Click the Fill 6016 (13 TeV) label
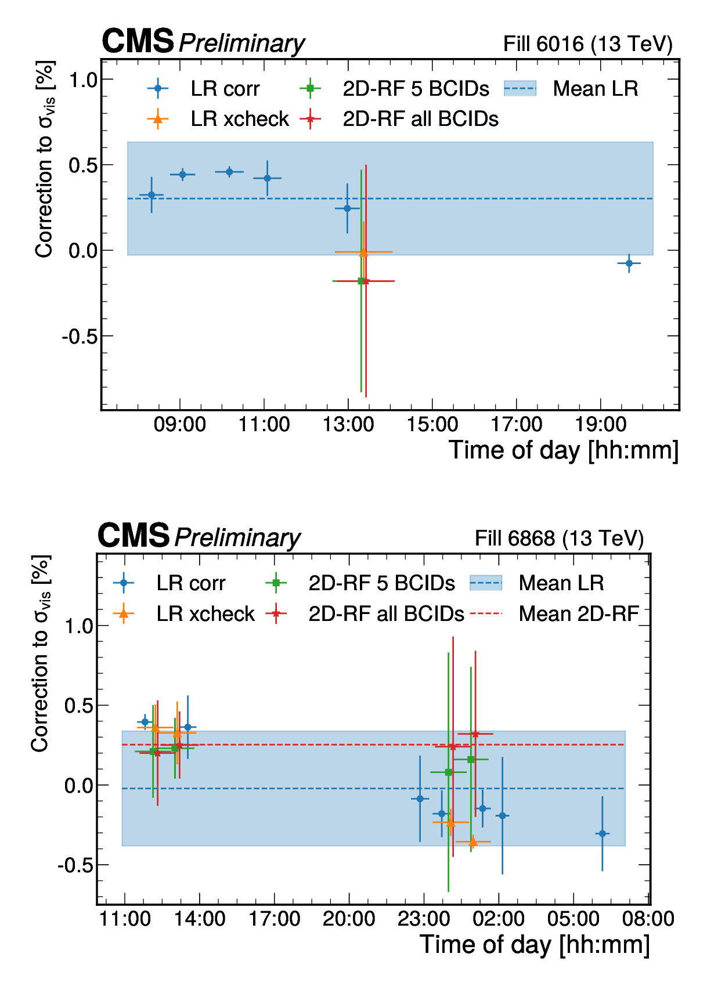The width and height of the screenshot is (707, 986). [x=587, y=44]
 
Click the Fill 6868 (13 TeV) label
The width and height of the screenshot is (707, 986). [x=559, y=539]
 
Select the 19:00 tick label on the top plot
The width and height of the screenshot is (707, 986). [x=600, y=425]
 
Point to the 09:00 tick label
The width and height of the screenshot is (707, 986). [x=179, y=425]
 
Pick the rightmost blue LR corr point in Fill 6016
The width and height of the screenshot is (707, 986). [x=629, y=263]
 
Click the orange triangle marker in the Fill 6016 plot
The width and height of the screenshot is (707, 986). [x=363, y=252]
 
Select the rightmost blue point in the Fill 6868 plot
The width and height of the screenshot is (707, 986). [x=602, y=834]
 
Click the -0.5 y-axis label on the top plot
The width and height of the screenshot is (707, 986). [x=79, y=337]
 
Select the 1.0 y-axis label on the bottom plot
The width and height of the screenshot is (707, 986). [x=78, y=626]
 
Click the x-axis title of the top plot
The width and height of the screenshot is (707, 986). [x=563, y=451]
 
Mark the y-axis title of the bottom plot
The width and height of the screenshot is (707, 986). [x=41, y=653]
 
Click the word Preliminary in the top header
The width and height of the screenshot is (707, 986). [x=241, y=44]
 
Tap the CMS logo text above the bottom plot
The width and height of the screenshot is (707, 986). [x=134, y=535]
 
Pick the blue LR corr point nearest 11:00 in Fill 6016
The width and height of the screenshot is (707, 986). [x=267, y=178]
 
